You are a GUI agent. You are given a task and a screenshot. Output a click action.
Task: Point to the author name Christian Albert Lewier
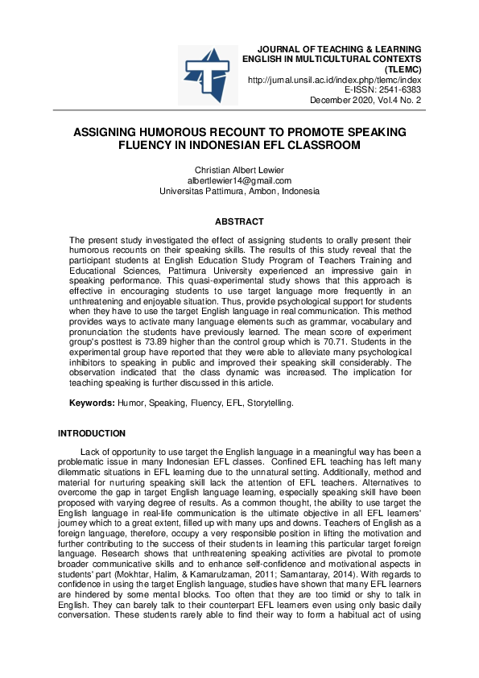239,170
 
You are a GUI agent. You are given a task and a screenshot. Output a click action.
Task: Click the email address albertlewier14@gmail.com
239,180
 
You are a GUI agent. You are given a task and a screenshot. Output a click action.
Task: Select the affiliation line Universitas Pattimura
239,192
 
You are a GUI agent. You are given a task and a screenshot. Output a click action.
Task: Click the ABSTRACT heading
239,221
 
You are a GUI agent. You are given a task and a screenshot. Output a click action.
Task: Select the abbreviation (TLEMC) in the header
403,69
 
